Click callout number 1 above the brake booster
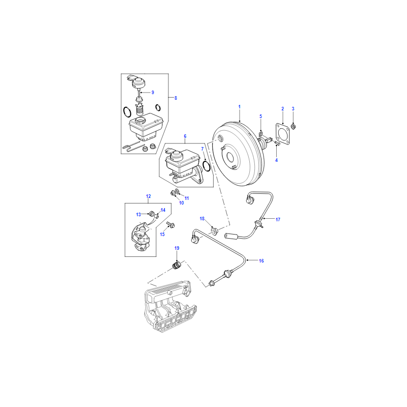click(x=239, y=107)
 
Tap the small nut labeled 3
click(x=294, y=127)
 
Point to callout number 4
click(x=276, y=160)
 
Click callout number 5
click(x=260, y=117)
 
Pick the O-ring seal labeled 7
click(x=207, y=166)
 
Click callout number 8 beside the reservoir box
click(x=176, y=98)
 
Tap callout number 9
click(x=153, y=93)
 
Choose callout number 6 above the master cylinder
click(x=185, y=136)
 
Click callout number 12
click(x=148, y=196)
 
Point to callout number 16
click(x=261, y=261)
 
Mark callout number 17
click(x=278, y=220)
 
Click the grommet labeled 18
click(x=214, y=230)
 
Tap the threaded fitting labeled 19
click(x=177, y=266)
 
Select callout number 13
click(x=138, y=214)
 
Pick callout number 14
click(x=163, y=210)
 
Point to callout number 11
click(x=187, y=198)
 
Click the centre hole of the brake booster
click(x=230, y=157)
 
